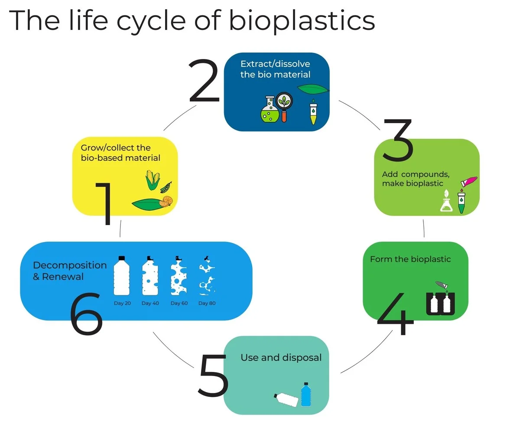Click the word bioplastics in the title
click(x=302, y=21)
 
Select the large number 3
click(x=398, y=140)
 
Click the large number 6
click(x=86, y=313)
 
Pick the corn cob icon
click(x=153, y=180)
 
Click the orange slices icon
click(x=166, y=200)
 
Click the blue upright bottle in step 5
click(x=306, y=394)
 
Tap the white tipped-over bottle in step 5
click(x=287, y=399)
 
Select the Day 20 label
click(x=122, y=303)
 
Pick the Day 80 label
click(x=207, y=303)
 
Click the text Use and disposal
click(x=281, y=357)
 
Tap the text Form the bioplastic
click(x=410, y=259)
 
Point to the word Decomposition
click(x=70, y=265)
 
